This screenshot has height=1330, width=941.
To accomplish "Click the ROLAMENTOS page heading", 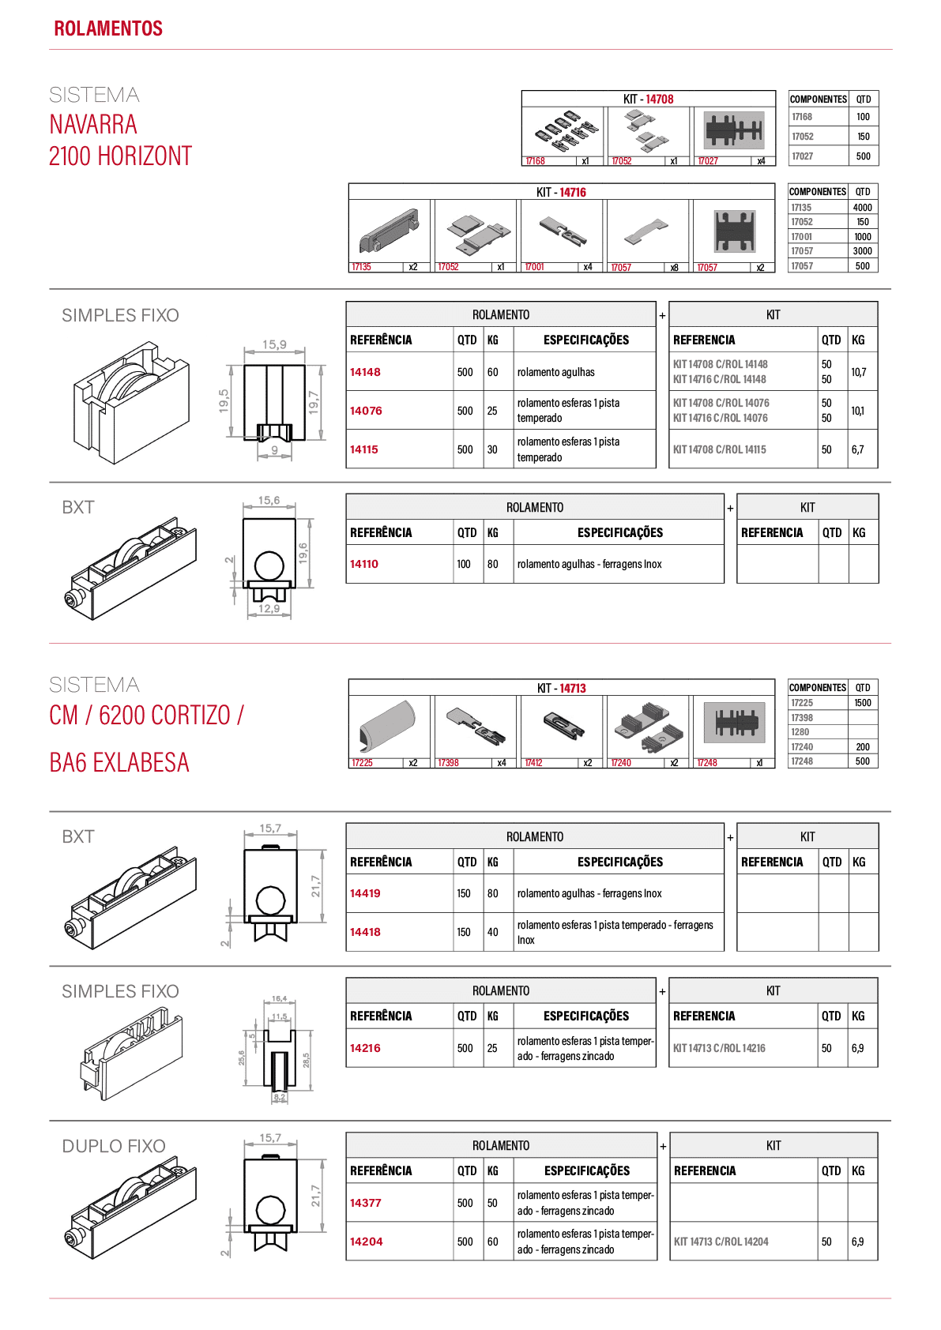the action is (108, 28).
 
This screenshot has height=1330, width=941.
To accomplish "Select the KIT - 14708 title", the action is (648, 100).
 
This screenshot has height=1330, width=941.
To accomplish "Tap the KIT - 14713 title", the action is (562, 688).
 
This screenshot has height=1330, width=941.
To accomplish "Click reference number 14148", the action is (365, 372).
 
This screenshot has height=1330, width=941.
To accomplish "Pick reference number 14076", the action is (365, 411).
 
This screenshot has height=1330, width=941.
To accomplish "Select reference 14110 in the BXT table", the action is (363, 564).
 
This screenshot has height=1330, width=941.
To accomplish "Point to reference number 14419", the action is (365, 893).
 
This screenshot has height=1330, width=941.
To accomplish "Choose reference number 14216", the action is (365, 1049).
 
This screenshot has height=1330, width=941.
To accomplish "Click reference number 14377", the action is (365, 1203).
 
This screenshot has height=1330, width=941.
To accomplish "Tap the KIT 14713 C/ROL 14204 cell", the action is (721, 1242).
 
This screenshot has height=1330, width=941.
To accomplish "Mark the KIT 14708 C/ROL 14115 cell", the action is (720, 449).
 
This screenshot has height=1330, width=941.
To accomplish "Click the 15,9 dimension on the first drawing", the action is (274, 344).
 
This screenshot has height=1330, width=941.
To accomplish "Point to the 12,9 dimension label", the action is (269, 609).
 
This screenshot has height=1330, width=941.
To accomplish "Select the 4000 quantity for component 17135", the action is (863, 207).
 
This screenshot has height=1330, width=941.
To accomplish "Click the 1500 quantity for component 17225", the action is (863, 703).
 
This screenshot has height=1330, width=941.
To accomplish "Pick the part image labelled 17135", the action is (389, 231).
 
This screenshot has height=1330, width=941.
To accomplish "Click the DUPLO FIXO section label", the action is (114, 1146).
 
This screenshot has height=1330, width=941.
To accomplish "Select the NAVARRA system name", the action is (93, 125).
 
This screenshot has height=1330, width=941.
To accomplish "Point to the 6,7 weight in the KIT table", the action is (857, 449).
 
